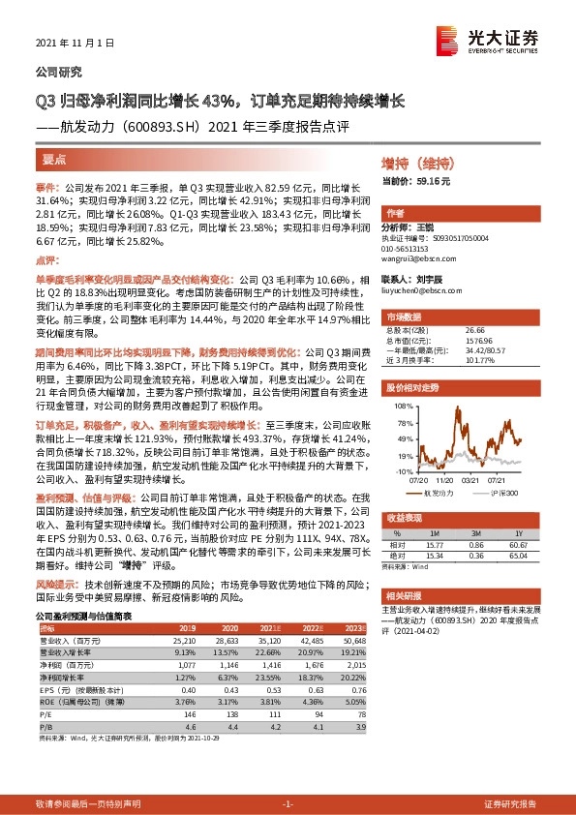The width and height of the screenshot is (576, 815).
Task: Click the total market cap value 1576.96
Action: pos(452,340)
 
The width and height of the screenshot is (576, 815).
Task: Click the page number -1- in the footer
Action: pos(287,803)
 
